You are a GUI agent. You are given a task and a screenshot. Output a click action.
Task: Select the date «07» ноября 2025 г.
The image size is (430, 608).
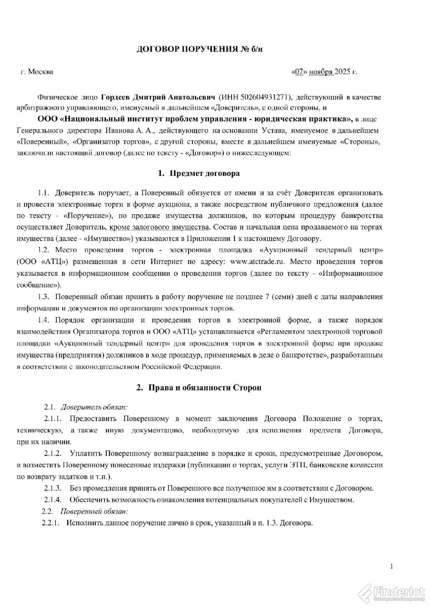click(324, 72)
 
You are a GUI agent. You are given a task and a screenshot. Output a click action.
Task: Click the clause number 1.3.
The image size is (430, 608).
click(44, 296)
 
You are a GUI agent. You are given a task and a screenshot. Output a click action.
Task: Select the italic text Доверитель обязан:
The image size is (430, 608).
click(94, 407)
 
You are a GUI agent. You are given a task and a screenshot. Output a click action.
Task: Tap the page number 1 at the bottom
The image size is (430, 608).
click(391, 567)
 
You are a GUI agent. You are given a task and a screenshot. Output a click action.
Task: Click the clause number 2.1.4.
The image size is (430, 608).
click(53, 500)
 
